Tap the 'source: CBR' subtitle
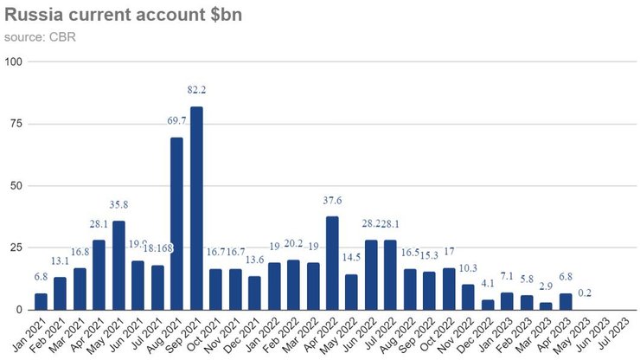coord(41,37)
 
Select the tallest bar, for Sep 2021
coord(196,208)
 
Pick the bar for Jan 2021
coord(41,301)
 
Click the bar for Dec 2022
coord(488,305)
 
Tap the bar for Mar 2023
coord(546,305)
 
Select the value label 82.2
coord(196,89)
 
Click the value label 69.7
coord(176,121)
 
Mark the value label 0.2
coord(586,292)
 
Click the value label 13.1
coord(61,261)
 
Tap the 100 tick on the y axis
coord(14,61)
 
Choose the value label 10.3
coord(468,269)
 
